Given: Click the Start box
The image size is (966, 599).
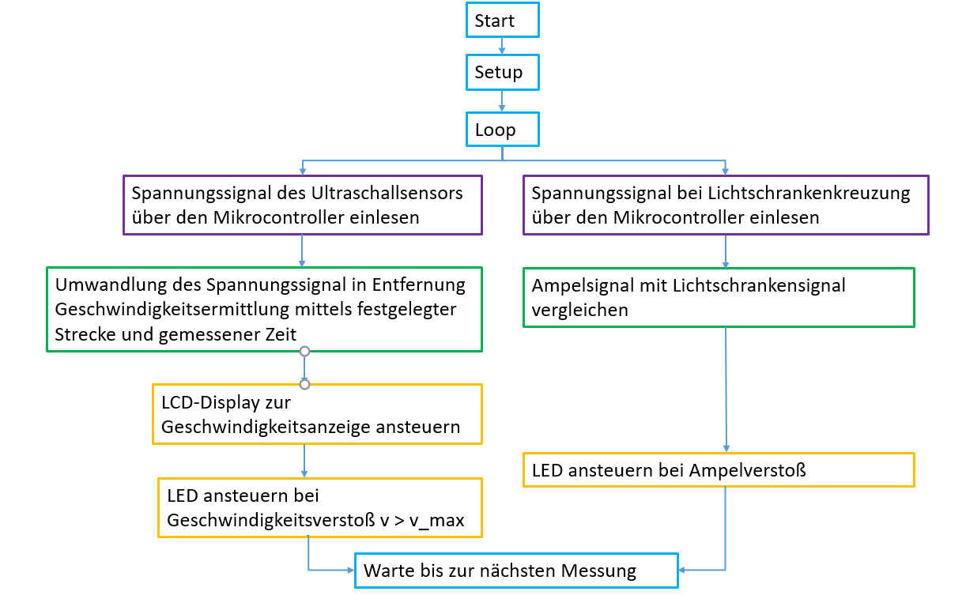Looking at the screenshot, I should point(502,21).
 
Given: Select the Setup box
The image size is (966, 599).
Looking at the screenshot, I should point(502,73).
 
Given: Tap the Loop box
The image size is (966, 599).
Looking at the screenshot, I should point(502,130).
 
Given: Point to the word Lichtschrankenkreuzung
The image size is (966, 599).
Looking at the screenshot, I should point(817,193).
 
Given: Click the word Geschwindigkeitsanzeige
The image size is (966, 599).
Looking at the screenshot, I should point(266,427).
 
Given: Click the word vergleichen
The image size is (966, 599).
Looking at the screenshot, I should point(580,310).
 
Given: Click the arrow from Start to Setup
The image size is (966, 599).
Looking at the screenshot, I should point(502,46).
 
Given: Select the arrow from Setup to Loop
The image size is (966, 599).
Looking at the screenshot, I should point(502,100).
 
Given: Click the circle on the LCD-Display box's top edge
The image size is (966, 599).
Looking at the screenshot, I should point(304,384).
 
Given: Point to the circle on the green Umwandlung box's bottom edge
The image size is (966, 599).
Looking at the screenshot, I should point(304,351).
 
